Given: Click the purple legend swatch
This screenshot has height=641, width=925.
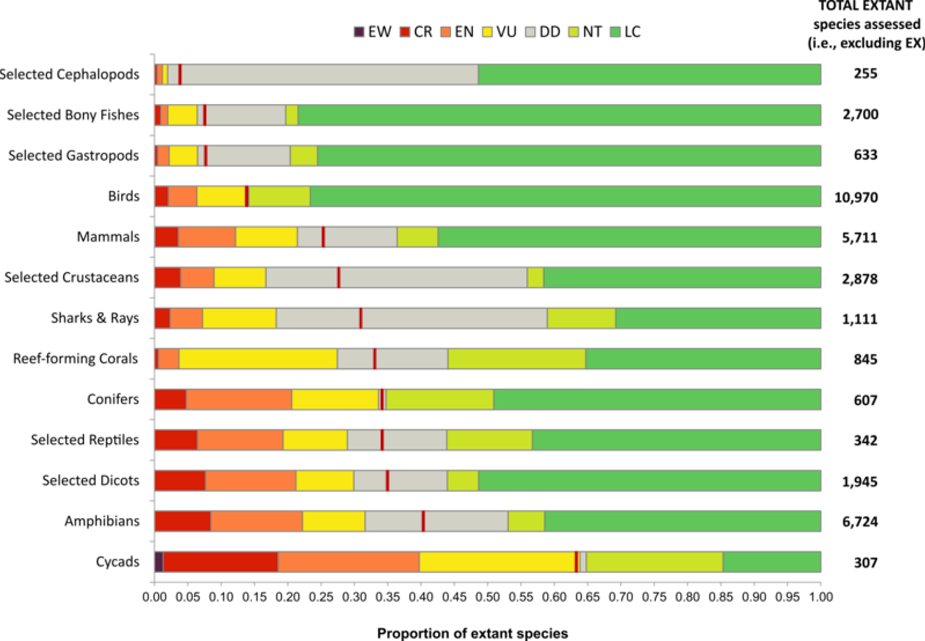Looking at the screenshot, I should tap(359, 32).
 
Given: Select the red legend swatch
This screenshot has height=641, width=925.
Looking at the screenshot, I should tap(405, 32).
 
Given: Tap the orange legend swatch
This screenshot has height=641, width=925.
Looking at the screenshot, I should tap(446, 32).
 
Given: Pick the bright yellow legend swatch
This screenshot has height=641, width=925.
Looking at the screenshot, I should tap(488, 32).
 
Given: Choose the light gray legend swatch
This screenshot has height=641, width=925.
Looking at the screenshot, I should tap(530, 32).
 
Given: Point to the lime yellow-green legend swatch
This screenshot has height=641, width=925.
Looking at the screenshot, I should tap(573, 32).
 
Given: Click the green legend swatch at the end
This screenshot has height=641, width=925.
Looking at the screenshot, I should tap(615, 32).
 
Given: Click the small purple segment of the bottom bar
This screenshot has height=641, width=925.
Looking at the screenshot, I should tap(159, 561).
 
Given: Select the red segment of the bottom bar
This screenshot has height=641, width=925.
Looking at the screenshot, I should tap(221, 561).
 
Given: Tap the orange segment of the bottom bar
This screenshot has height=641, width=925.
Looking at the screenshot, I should tap(348, 561).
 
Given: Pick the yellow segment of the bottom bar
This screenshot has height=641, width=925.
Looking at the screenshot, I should tap(496, 561).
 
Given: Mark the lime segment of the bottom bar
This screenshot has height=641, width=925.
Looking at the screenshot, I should tap(654, 561).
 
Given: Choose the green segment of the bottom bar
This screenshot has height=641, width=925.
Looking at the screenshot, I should tap(772, 561).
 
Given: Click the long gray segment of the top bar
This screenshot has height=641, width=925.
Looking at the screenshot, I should tap(329, 74).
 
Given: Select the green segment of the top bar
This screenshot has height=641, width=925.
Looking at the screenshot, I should tap(650, 74).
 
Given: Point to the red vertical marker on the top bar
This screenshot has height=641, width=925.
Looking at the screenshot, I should tap(180, 74).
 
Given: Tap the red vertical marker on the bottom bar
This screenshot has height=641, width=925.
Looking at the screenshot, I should tap(577, 561).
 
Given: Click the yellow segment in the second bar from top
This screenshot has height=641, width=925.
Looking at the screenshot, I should tap(182, 115).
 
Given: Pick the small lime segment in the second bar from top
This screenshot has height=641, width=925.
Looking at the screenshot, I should tap(292, 115).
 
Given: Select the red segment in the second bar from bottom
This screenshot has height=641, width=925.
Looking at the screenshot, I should tap(182, 521).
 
